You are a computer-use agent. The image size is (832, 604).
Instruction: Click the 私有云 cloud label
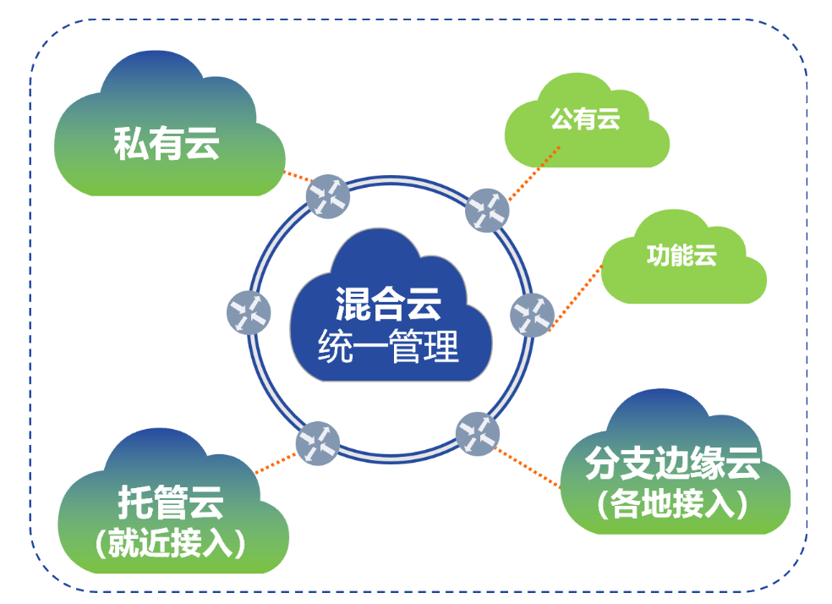tap(166, 144)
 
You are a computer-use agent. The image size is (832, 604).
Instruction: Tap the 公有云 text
tap(585, 119)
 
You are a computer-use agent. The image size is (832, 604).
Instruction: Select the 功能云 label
tap(681, 255)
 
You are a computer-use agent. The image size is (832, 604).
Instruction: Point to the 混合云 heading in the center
tap(388, 305)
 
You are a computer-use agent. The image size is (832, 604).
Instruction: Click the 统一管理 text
tap(388, 346)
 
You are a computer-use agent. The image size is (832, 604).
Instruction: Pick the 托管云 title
tap(171, 502)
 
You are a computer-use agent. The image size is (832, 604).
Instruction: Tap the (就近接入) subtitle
tap(171, 542)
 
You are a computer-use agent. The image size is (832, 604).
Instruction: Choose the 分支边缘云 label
tap(672, 464)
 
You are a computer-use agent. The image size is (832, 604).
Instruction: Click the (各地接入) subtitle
tap(672, 503)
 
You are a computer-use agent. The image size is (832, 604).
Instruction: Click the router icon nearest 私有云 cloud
tap(328, 196)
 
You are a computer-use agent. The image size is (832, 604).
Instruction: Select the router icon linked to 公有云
tap(487, 210)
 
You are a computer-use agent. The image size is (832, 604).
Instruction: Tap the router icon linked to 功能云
tap(532, 316)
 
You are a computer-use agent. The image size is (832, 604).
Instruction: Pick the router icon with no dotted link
tap(249, 313)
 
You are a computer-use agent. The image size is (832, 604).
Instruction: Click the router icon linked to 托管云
tap(317, 443)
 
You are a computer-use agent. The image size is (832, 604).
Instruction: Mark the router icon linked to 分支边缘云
tap(478, 434)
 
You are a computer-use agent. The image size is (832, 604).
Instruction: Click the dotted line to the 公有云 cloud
tap(534, 173)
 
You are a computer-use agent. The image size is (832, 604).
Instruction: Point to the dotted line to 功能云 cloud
tap(576, 298)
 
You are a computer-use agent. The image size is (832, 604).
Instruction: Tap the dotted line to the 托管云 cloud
tap(276, 463)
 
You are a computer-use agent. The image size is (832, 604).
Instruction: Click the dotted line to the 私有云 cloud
tap(298, 176)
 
